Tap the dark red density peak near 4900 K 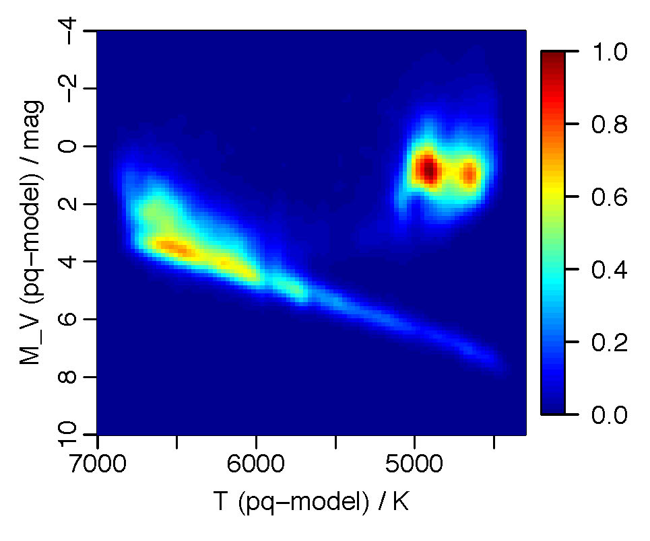coord(428,171)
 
